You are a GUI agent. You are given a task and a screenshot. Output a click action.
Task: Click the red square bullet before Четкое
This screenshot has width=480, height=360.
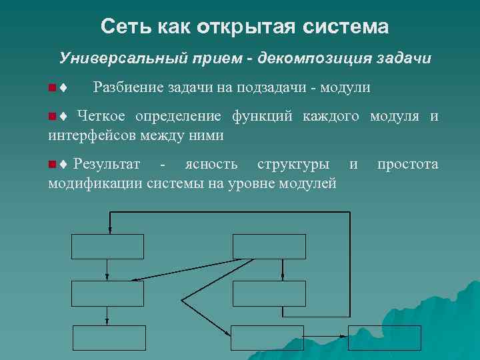coord(53,117)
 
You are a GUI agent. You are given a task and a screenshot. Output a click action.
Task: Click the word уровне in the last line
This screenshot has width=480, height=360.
coord(257,183)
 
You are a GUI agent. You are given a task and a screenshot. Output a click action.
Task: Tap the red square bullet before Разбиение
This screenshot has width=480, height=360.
coord(53,88)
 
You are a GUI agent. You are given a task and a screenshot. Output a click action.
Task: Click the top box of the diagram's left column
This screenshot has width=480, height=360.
coord(107,246)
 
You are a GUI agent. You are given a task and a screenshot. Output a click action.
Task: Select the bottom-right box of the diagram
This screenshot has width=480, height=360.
coord(385,337)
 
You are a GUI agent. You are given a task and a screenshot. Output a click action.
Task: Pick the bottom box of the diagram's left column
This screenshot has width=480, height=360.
coord(109,337)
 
